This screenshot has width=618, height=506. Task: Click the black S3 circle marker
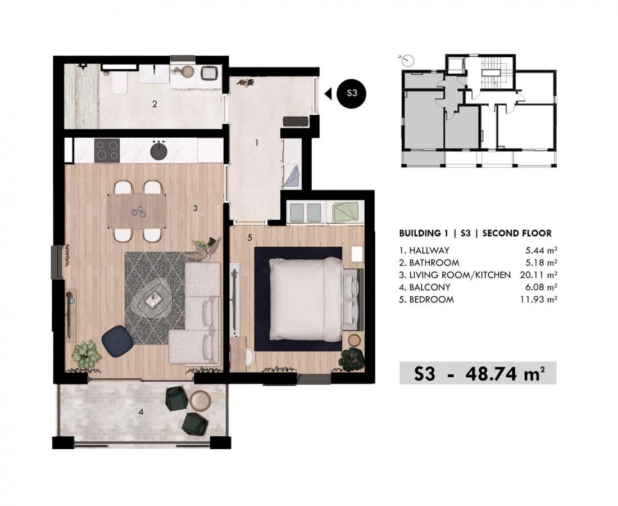pyautogui.click(x=352, y=93)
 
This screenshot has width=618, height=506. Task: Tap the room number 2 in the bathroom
pyautogui.click(x=155, y=104)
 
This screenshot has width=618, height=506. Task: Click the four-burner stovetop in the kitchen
pyautogui.click(x=107, y=150)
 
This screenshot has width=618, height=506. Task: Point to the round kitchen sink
pyautogui.click(x=159, y=150)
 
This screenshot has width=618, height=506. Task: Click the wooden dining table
pyautogui.click(x=137, y=211)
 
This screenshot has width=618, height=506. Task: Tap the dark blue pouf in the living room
pyautogui.click(x=117, y=341)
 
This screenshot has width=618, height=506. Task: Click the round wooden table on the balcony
pyautogui.click(x=201, y=400)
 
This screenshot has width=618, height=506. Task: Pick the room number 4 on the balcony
pyautogui.click(x=140, y=413)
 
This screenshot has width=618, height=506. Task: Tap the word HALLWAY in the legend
pyautogui.click(x=429, y=250)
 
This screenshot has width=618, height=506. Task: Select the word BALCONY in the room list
pyautogui.click(x=430, y=287)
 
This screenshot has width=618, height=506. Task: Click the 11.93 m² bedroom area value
pyautogui.click(x=538, y=299)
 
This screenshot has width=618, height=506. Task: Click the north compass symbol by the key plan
pyautogui.click(x=408, y=60)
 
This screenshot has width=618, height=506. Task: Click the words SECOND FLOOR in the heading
pyautogui.click(x=517, y=233)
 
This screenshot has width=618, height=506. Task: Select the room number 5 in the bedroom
pyautogui.click(x=249, y=237)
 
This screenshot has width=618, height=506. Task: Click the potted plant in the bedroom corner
pyautogui.click(x=351, y=359)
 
